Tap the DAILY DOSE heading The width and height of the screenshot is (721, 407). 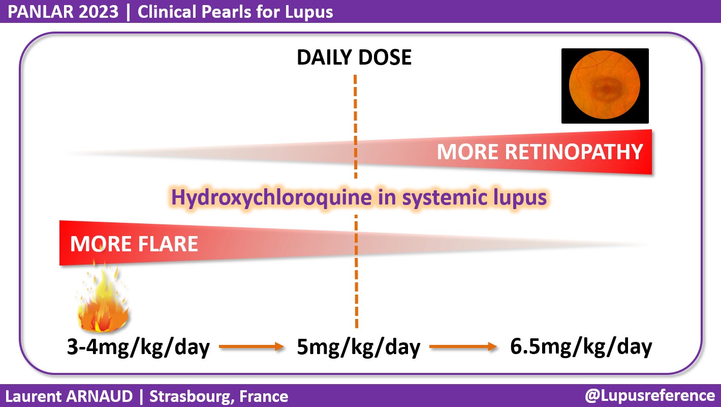pos(354,57)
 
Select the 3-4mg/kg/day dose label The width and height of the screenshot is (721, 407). pos(138,347)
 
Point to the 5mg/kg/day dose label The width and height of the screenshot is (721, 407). pos(359,347)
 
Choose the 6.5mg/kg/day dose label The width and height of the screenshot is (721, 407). pos(581,347)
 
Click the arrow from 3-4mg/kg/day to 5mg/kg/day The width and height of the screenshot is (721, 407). pos(250,347)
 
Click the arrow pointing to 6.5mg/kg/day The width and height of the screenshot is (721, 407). pos(462,347)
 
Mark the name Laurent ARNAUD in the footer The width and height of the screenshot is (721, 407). pos(69,396)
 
